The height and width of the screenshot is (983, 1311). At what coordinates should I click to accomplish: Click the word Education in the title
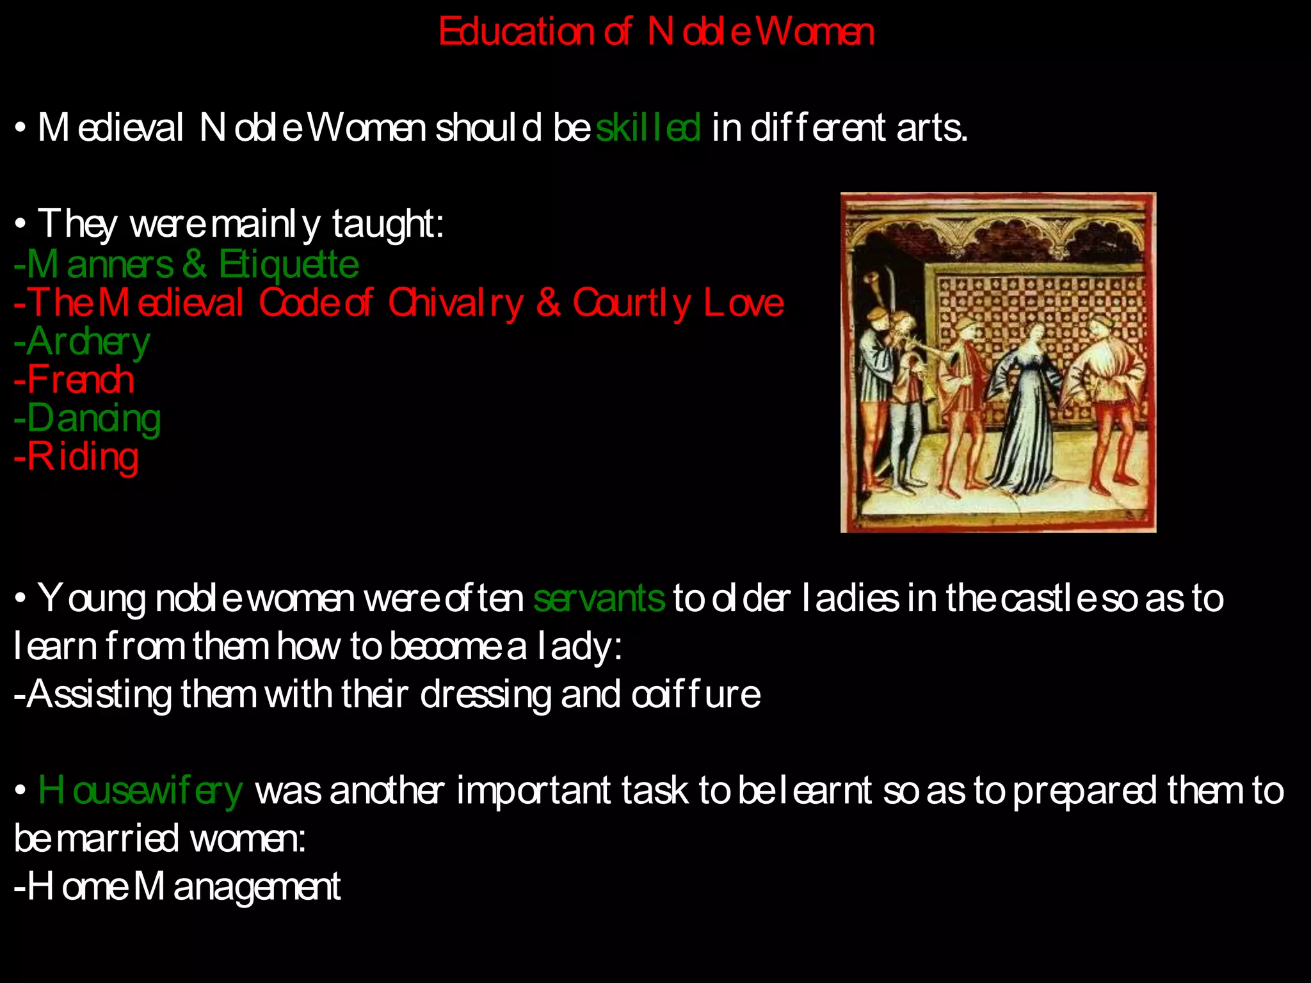coord(516,32)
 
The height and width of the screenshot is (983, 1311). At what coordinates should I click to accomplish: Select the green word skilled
coord(648,128)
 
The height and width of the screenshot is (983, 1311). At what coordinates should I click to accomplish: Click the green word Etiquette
coord(289,264)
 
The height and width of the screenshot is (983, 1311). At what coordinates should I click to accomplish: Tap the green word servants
coord(599,599)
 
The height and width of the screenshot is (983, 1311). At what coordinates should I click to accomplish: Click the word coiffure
coord(696,694)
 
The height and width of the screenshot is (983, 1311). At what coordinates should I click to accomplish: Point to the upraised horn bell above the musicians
coord(871,279)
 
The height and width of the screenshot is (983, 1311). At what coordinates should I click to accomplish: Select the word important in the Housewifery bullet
coord(534,791)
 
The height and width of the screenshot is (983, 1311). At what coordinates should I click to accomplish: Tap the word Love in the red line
coord(744,303)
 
